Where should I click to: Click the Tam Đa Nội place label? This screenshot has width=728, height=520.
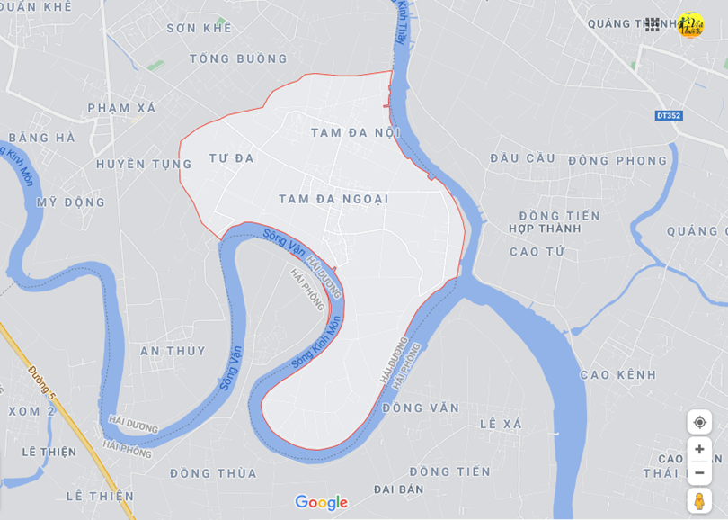(x=355, y=133)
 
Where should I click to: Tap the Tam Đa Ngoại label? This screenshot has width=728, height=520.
(x=333, y=199)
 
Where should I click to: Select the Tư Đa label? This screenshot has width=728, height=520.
(x=232, y=158)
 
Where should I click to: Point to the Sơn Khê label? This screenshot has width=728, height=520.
(x=199, y=28)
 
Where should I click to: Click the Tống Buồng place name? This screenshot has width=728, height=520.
(x=238, y=59)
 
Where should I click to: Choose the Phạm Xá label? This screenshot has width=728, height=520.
(x=121, y=108)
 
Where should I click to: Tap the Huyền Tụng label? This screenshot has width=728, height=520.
(x=144, y=164)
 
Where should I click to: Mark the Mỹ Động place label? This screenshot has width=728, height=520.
(x=71, y=202)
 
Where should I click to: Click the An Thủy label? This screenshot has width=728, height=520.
(x=173, y=351)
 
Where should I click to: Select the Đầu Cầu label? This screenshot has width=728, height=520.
(x=522, y=158)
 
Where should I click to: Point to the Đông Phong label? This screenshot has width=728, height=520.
(x=617, y=161)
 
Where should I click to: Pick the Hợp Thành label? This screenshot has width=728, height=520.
(x=545, y=229)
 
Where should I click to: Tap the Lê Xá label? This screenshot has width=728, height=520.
(x=501, y=424)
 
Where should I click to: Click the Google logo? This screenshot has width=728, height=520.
(x=321, y=502)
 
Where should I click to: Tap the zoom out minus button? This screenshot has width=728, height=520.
(x=699, y=473)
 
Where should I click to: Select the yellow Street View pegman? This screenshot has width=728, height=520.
(x=699, y=501)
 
